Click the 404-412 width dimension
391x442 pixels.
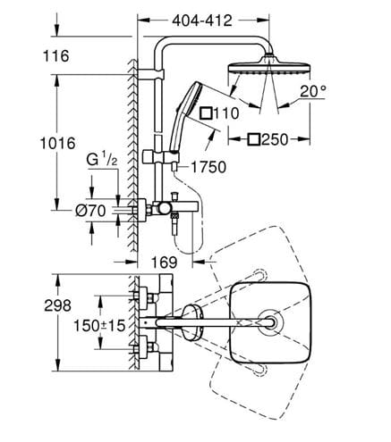[x=202, y=21]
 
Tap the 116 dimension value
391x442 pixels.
[x=56, y=56]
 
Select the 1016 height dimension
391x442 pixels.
[x=58, y=144]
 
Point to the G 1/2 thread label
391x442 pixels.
[x=102, y=160]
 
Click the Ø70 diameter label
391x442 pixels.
[x=90, y=211]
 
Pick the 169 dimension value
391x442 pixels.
[x=165, y=263]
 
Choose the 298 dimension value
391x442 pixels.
[x=57, y=305]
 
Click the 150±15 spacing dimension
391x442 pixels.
[x=99, y=326]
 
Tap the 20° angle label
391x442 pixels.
[x=313, y=91]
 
